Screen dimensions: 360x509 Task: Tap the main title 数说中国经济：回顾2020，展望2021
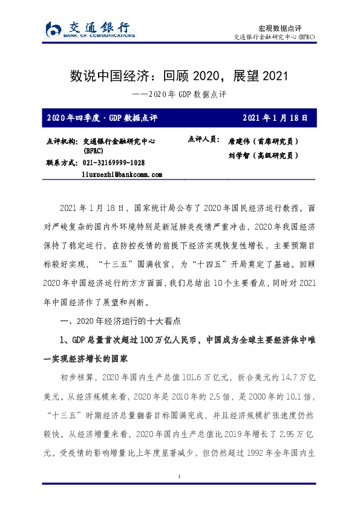(x=180, y=77)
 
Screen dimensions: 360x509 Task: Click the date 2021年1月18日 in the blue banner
(x=275, y=117)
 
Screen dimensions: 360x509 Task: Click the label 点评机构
(x=61, y=141)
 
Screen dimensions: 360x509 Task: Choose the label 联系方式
(x=61, y=163)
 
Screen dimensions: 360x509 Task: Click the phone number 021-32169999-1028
(x=113, y=163)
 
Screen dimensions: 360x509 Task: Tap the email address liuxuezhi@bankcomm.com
(x=122, y=174)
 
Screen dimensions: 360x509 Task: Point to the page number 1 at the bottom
(x=180, y=494)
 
